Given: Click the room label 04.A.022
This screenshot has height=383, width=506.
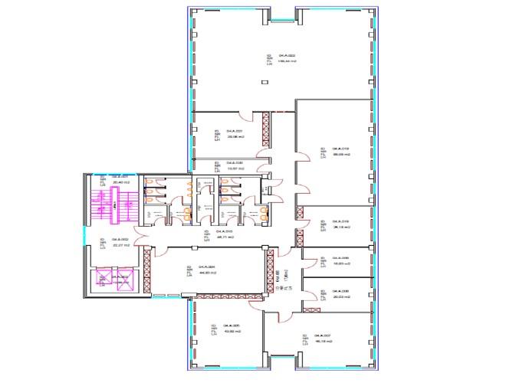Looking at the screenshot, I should [x=287, y=56].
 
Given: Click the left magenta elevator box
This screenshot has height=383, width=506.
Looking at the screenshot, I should [x=100, y=280].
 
